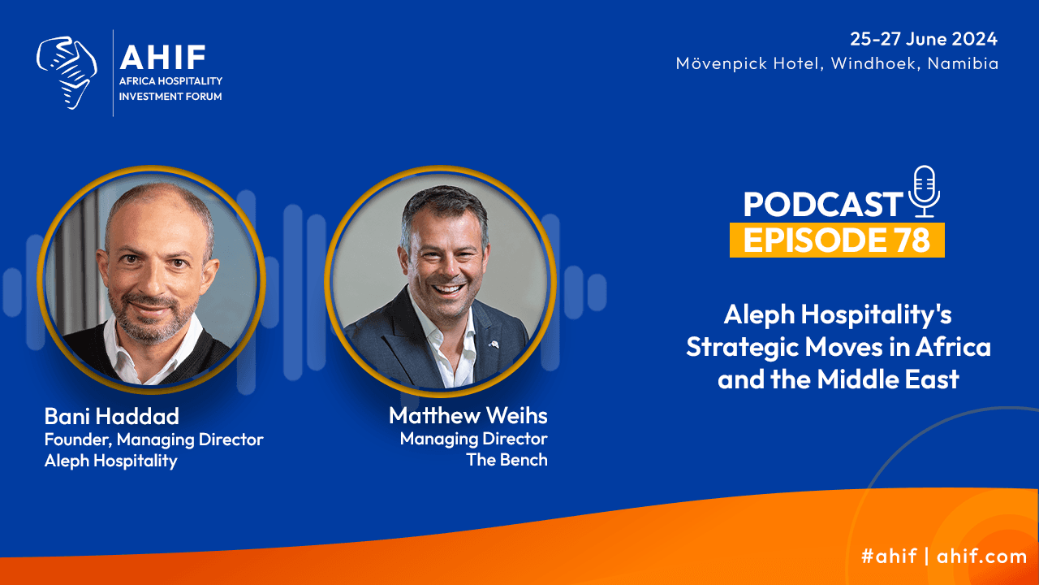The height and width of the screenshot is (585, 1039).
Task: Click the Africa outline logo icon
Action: (x=67, y=73)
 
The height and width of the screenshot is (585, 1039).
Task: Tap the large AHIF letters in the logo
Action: (x=163, y=57)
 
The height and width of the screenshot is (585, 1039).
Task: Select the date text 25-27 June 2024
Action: (x=924, y=38)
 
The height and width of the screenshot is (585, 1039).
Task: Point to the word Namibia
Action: (x=963, y=63)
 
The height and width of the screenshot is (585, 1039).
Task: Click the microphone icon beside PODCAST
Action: (x=925, y=191)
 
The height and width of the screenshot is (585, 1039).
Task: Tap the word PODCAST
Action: (x=823, y=204)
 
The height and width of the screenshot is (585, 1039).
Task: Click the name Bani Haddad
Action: (x=112, y=416)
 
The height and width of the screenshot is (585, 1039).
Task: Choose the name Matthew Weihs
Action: (x=468, y=415)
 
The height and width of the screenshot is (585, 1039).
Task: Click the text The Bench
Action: (x=507, y=460)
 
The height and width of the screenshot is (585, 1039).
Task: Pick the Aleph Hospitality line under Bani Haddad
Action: (x=111, y=461)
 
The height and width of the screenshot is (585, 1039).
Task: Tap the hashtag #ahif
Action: (x=889, y=556)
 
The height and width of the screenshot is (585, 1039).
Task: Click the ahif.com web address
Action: (x=981, y=556)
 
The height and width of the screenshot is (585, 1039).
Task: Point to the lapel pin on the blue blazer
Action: (x=494, y=344)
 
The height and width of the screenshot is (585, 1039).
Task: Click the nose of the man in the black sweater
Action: (x=152, y=283)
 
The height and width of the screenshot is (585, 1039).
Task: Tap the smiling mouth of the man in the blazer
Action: (x=448, y=289)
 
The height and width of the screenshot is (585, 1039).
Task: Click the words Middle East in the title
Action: (x=888, y=379)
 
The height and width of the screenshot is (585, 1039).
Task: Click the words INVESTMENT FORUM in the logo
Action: (x=170, y=97)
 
